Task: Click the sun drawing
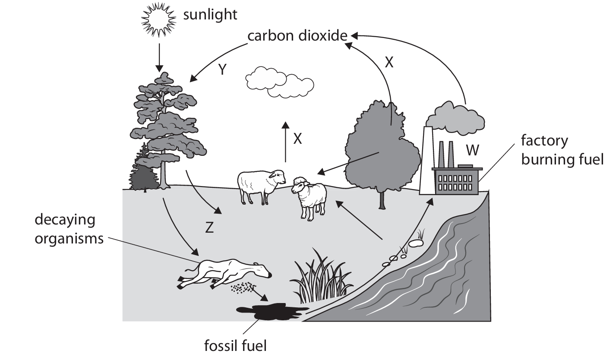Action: click(x=159, y=19)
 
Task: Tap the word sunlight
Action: click(x=210, y=15)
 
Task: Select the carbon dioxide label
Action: click(x=297, y=35)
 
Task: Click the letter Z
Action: click(x=209, y=227)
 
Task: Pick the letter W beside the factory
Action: click(x=472, y=150)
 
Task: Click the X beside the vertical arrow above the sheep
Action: click(x=297, y=138)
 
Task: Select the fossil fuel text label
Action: click(x=236, y=345)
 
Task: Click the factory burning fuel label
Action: click(x=561, y=150)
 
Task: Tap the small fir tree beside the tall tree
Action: click(x=142, y=171)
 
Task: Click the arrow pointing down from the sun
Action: click(x=159, y=56)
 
